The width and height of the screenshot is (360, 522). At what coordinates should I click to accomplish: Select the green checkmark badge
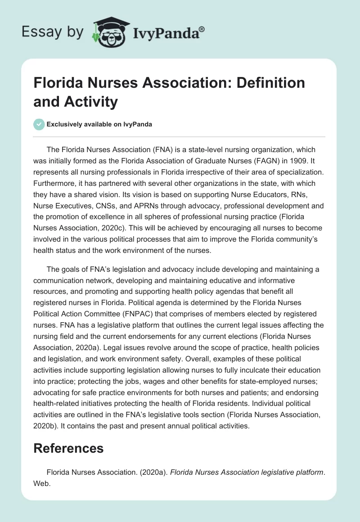tap(39, 124)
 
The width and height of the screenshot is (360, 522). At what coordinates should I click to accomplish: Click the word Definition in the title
tap(262, 83)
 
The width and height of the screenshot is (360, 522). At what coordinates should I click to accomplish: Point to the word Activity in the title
tap(93, 102)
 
